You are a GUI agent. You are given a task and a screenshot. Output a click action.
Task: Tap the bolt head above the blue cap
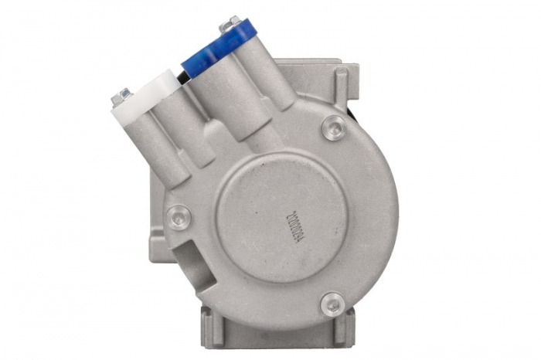tap(229, 25)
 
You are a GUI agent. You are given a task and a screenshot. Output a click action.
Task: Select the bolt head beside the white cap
tap(121, 97)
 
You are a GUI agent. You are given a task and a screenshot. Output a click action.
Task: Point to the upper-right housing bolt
tap(333, 126)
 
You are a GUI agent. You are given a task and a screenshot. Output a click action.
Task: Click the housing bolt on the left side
tap(179, 217)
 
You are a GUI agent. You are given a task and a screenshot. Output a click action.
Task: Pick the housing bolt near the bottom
tap(332, 303)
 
